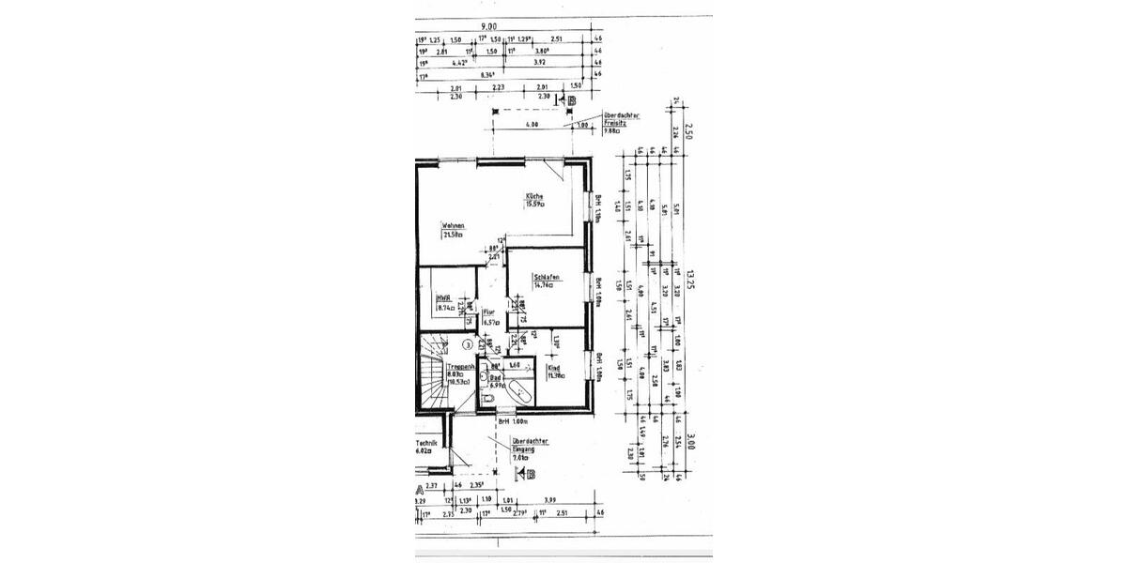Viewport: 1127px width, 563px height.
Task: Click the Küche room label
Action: coord(534,196)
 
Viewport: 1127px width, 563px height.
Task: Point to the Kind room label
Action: coord(553,370)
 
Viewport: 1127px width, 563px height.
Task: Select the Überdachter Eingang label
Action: coord(529,449)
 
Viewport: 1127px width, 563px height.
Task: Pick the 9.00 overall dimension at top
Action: coord(488,27)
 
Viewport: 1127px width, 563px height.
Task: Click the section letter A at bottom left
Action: coord(420,490)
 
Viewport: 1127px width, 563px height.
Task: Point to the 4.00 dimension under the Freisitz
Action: coord(532,124)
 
